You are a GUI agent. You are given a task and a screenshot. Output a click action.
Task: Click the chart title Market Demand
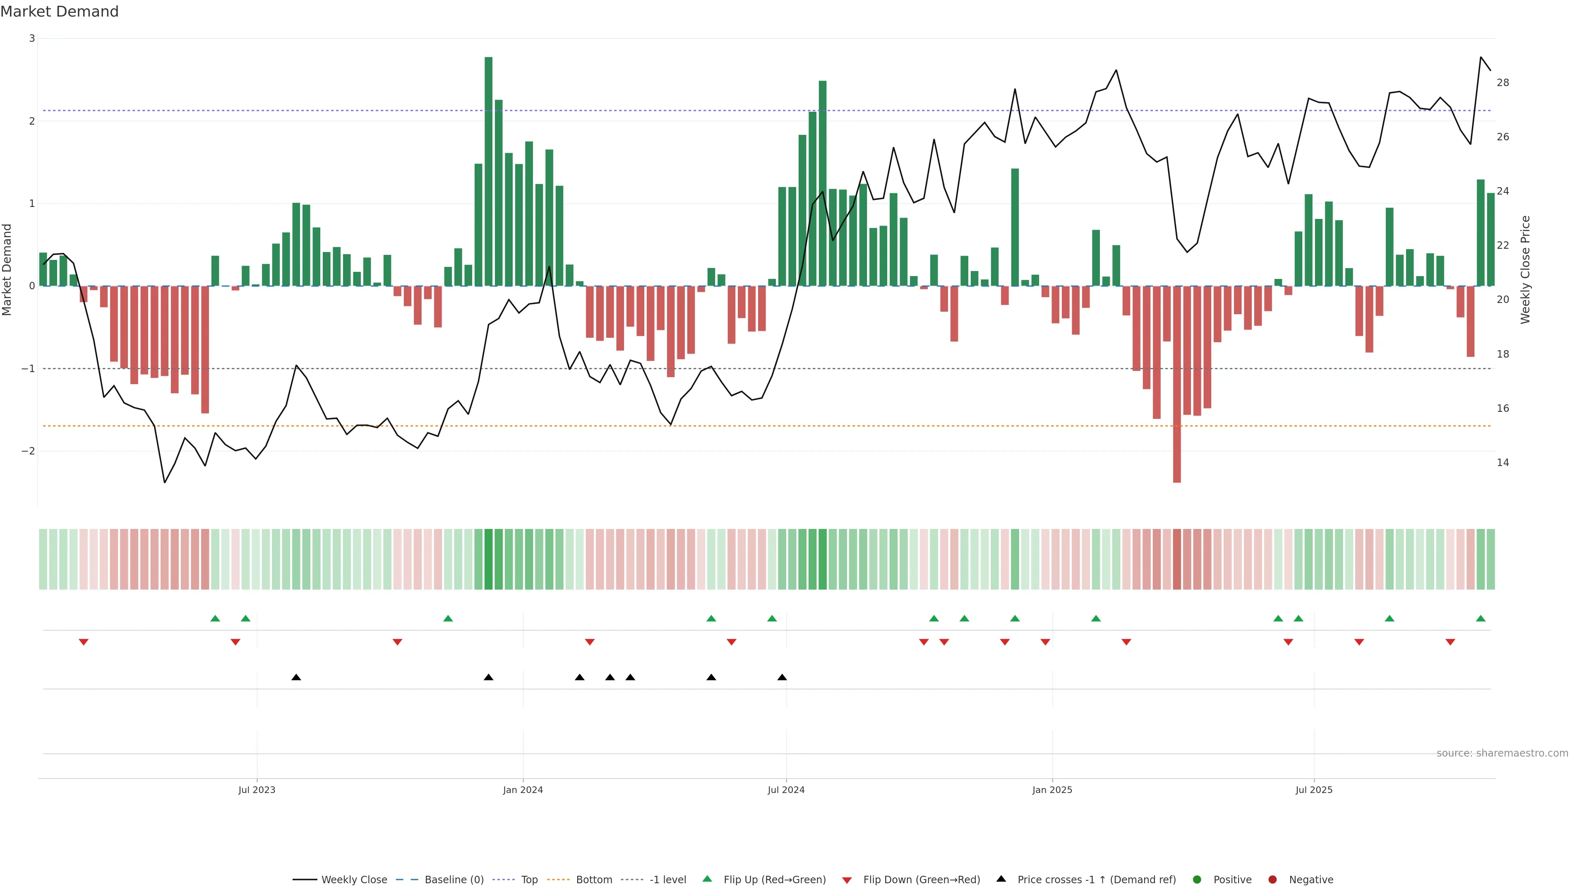(59, 12)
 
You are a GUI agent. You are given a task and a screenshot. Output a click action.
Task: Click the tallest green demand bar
(489, 171)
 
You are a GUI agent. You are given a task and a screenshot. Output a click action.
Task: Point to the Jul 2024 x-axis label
(786, 790)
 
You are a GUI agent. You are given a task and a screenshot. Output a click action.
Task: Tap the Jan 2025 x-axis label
(1052, 790)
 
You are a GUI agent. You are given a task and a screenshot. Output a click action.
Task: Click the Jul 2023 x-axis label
(257, 790)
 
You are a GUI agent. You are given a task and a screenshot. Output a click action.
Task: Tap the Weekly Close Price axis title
(1525, 269)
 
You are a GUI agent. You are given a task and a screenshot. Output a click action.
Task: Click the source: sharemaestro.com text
(1502, 753)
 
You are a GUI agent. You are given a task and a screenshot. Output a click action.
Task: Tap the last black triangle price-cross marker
(782, 678)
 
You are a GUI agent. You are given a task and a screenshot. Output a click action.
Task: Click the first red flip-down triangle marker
(84, 642)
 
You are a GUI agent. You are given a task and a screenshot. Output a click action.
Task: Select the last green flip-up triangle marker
(1481, 618)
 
